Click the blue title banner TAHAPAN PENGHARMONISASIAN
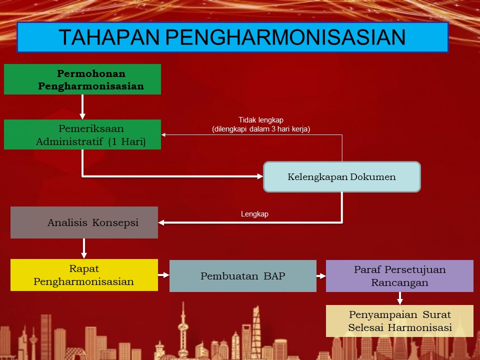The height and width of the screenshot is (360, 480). (x=232, y=37)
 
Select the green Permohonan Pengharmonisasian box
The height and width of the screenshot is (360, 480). (x=82, y=79)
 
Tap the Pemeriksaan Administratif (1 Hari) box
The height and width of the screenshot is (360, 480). (x=82, y=134)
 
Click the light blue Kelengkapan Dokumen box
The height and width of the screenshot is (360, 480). (x=342, y=177)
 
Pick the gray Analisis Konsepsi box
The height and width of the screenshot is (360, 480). (x=84, y=222)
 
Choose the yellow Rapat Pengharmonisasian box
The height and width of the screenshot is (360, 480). (x=84, y=275)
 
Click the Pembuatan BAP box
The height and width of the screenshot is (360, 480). (x=243, y=276)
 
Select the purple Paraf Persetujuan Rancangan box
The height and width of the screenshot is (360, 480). (x=399, y=276)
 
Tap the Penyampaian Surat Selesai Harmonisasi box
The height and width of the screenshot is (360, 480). (x=399, y=321)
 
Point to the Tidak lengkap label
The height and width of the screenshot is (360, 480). (x=261, y=120)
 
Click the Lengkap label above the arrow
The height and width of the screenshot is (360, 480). (x=254, y=214)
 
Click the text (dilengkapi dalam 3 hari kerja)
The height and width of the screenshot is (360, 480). (x=261, y=129)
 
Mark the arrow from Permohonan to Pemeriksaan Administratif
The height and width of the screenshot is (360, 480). (x=82, y=107)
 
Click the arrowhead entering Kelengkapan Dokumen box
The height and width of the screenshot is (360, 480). (x=260, y=176)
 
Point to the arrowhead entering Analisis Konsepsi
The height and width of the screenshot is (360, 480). (x=161, y=222)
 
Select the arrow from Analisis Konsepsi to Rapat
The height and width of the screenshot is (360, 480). (x=84, y=248)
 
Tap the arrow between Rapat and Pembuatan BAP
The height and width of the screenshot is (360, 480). (x=164, y=275)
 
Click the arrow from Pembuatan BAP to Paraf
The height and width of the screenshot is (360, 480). (x=321, y=276)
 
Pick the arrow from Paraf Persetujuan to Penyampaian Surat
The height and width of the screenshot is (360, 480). (x=400, y=298)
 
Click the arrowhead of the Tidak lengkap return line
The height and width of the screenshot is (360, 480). (x=163, y=134)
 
